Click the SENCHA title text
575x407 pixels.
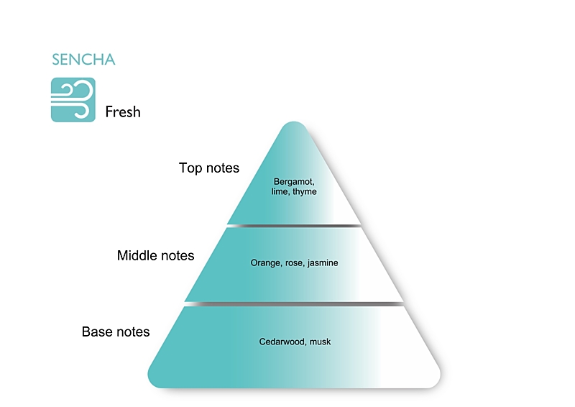[x=83, y=60]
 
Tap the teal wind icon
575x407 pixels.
[x=73, y=100]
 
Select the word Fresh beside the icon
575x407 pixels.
[x=123, y=112]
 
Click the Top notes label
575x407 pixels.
[x=208, y=168]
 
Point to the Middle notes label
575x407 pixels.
[x=155, y=255]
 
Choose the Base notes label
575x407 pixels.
[x=116, y=331]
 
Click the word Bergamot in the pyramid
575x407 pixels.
[x=295, y=181]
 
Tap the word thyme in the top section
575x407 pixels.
[x=305, y=192]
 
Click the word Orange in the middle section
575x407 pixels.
[x=264, y=263]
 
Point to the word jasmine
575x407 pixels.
[x=323, y=263]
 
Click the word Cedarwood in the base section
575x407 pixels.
[x=282, y=342]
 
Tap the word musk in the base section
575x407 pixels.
[x=321, y=342]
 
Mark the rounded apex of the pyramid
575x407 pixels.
[x=294, y=127]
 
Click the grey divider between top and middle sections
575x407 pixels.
[x=294, y=226]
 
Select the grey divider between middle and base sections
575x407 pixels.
[x=294, y=304]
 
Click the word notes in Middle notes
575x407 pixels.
[x=176, y=255]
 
